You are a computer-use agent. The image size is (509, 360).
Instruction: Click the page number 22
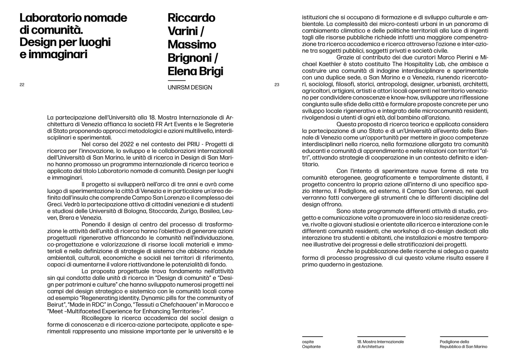[22, 85]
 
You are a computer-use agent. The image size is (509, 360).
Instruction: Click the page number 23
[277, 85]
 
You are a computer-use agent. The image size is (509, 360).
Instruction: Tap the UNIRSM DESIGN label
[190, 87]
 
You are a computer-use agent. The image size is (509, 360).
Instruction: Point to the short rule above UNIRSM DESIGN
[177, 80]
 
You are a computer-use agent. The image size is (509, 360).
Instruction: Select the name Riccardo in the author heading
[191, 18]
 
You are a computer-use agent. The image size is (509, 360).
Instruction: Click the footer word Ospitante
[311, 347]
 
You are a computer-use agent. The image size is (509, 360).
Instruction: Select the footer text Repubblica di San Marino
[463, 347]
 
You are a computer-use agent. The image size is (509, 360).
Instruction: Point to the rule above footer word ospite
[312, 337]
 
